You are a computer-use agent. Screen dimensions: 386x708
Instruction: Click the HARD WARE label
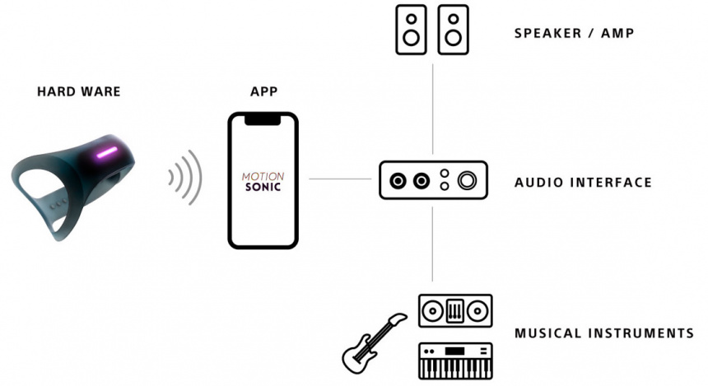tap(78, 91)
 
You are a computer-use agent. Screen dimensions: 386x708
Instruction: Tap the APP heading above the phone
tap(263, 91)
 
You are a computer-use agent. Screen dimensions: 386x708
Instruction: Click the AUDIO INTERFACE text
tap(583, 182)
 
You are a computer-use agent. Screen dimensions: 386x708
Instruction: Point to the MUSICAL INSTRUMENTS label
tap(603, 333)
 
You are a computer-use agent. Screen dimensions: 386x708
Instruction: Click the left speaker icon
tap(412, 30)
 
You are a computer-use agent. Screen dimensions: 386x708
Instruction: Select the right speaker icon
tap(454, 30)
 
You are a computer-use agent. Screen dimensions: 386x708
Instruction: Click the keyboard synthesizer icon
tap(455, 360)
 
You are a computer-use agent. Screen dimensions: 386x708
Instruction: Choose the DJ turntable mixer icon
tap(455, 312)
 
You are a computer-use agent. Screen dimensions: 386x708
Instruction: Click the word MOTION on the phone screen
tap(263, 176)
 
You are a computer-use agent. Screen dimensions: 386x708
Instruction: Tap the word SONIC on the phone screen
tap(263, 188)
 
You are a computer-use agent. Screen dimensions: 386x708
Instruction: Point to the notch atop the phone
tap(263, 119)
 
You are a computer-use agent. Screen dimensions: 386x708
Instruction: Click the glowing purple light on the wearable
tap(107, 153)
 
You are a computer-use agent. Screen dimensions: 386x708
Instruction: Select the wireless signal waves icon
tap(184, 177)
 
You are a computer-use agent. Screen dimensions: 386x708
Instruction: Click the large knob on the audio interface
tap(469, 180)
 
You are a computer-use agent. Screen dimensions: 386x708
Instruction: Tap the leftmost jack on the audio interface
tap(398, 180)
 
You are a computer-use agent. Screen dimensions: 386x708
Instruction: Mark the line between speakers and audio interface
tap(433, 107)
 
